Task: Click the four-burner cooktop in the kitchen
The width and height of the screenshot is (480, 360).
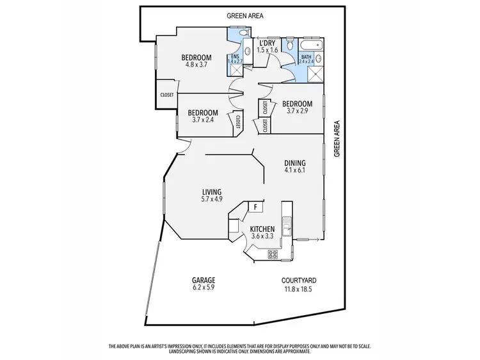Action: [273, 254]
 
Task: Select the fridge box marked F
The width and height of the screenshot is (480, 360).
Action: [255, 206]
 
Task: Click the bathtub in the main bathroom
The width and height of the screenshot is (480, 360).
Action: [312, 45]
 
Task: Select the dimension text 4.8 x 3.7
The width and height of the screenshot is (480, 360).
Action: [198, 64]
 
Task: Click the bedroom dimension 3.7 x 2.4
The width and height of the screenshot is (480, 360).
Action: [204, 119]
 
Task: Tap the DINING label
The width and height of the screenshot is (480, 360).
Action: [294, 163]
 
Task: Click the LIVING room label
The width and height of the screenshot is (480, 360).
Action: [211, 192]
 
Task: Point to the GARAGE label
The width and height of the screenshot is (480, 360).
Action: [204, 280]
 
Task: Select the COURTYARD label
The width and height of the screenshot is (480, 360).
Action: [299, 280]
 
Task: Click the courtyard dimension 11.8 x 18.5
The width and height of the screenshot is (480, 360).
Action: [299, 288]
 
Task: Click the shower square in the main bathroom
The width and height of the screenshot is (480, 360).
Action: [316, 75]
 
